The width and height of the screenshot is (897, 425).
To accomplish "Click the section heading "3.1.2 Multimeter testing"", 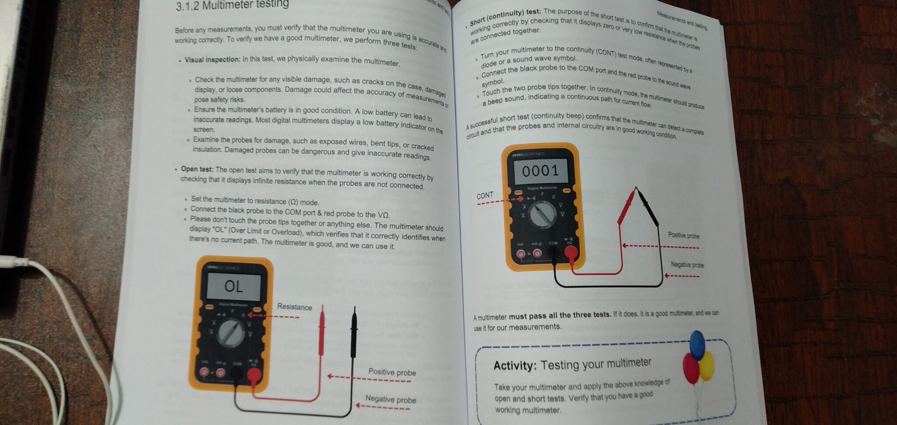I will pos(232,5).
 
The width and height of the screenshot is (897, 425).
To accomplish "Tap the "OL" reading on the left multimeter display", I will pos(233,287).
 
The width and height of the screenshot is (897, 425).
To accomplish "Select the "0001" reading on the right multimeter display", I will pos(540,170).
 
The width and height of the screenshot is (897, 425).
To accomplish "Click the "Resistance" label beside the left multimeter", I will pos(294,307).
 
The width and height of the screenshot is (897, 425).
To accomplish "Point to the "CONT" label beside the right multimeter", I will pos(485,195).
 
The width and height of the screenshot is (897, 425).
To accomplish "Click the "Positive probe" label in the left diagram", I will pos(392,372).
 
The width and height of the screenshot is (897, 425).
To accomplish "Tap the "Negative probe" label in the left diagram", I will pos(391,399).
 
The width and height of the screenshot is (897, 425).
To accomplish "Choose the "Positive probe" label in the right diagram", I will pos(683,235).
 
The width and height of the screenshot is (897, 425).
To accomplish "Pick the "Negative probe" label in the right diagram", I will pos(687,265).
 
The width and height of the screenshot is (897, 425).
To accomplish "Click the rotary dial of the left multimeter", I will pos(231,333).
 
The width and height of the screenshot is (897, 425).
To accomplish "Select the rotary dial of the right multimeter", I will pos(543,214).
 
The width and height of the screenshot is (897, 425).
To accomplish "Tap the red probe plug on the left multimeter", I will pos(254,375).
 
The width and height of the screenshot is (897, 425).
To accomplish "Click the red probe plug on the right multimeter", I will pos(571,252).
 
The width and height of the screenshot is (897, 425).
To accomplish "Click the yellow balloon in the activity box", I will pos(706,366).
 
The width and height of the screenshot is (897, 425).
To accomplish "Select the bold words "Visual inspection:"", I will pos(212,60).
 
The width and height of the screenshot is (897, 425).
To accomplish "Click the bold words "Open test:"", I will pos(197,169).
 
